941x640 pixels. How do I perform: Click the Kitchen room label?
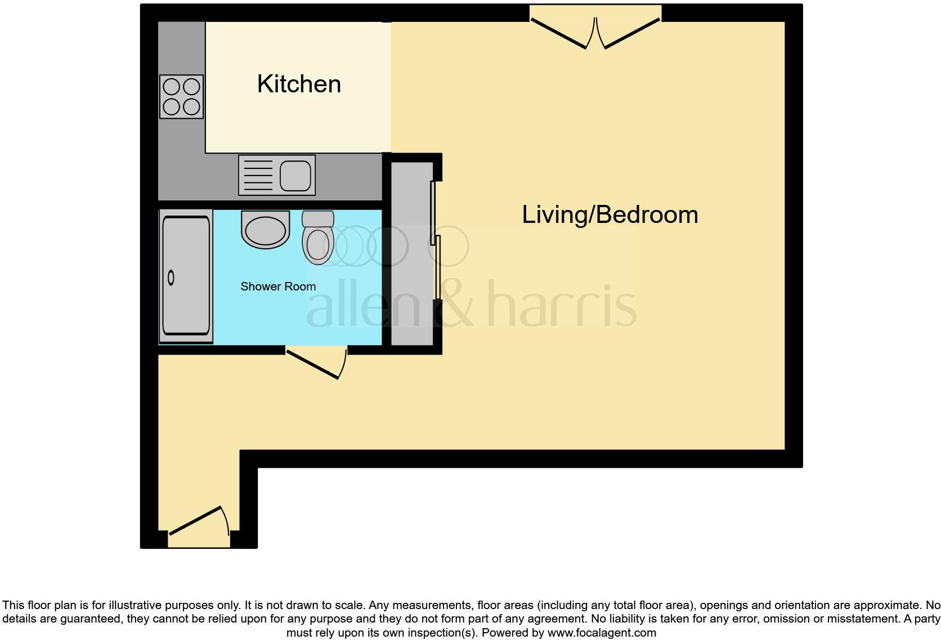pos(299,84)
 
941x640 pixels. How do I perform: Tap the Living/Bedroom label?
pos(610,215)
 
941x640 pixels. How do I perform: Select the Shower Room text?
pos(278,287)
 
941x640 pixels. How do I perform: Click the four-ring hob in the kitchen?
pos(181,97)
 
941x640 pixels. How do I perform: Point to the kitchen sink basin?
pos(295,175)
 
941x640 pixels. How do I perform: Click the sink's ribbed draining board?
pos(258,175)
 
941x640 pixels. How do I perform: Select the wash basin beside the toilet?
pos(265,230)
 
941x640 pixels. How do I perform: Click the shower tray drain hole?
pos(171,278)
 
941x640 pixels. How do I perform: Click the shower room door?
pos(315,364)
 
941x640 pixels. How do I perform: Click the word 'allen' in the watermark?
pos(363,307)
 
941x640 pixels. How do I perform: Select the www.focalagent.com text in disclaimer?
pos(601,633)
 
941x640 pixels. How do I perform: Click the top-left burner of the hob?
pos(172,87)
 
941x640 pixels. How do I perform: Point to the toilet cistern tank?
pos(318,218)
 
